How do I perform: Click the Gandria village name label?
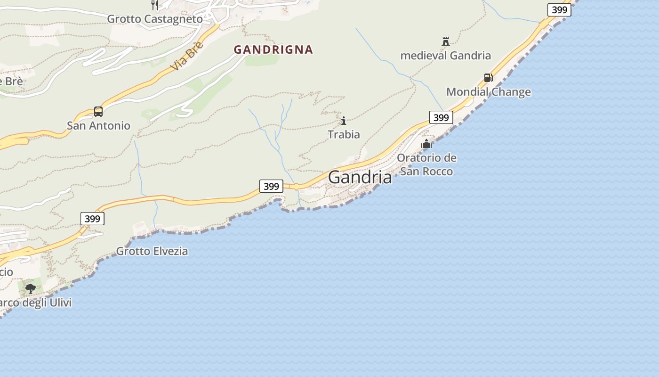(360, 177)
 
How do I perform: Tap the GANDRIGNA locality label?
(273, 49)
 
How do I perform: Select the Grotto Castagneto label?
(155, 19)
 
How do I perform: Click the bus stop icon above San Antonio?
(98, 112)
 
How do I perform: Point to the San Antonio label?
(98, 126)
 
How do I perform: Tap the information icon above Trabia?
(344, 121)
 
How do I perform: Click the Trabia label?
(344, 135)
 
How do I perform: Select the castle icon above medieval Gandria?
(445, 41)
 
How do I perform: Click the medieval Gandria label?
(445, 56)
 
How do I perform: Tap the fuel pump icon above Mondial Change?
(488, 78)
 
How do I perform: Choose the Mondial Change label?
(488, 92)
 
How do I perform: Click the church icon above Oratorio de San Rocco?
(426, 144)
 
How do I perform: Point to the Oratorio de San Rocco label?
(426, 164)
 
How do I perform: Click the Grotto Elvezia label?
(152, 251)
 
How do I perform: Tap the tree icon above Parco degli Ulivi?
(31, 288)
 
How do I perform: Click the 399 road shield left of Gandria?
(271, 186)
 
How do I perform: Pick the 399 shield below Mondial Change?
(441, 117)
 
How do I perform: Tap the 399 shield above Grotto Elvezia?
(92, 219)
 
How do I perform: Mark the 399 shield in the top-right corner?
(559, 10)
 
